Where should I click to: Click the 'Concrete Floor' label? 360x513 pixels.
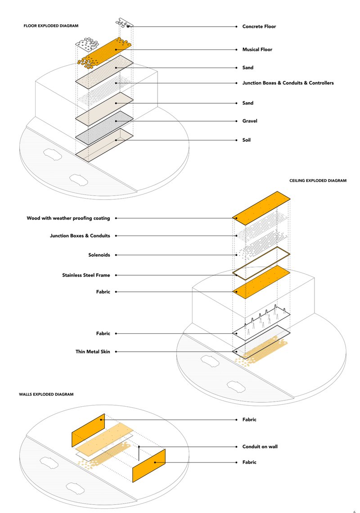coord(259,27)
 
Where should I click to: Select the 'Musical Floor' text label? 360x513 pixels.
coord(257,50)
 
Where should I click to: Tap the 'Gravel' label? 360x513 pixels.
coord(250,121)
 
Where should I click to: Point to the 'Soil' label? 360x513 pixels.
coord(247,140)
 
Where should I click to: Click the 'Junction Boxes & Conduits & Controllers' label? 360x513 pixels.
coord(288,83)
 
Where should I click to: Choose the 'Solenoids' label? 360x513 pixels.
coord(99,255)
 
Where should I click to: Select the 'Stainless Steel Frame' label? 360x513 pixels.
coord(86,275)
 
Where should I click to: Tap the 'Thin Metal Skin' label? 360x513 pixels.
coord(93,351)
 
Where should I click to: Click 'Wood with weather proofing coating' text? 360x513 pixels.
coord(68,218)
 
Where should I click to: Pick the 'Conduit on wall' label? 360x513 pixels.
coord(260,447)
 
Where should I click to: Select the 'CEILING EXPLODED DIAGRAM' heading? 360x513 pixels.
coord(318,181)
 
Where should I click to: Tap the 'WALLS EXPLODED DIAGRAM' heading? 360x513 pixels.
coord(46,394)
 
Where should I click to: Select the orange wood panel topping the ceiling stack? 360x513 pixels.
coord(261,208)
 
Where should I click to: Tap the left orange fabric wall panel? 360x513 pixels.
coord(88,430)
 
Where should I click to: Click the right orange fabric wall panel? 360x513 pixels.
coord(149,465)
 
